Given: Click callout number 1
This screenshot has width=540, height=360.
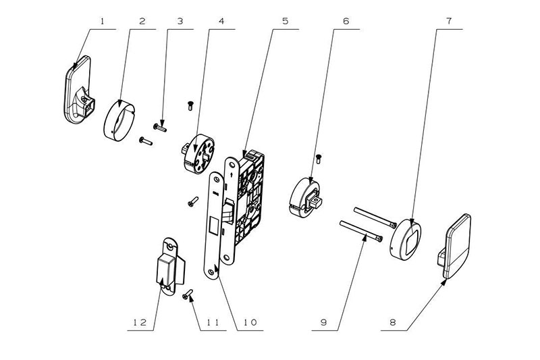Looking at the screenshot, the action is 102,22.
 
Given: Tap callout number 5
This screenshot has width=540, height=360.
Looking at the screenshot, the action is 285,22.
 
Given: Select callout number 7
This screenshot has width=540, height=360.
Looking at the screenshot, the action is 449,22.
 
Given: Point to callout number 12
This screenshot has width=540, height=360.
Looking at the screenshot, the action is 140,323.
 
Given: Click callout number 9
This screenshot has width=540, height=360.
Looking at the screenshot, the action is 323,323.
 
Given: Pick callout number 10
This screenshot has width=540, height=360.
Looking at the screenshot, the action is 250,323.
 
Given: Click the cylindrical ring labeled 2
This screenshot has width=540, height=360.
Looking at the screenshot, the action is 119,122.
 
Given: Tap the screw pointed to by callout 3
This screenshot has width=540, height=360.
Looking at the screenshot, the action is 160,128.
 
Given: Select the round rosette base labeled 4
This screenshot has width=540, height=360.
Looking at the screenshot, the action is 199,153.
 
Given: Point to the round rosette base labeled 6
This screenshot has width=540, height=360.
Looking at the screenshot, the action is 305,197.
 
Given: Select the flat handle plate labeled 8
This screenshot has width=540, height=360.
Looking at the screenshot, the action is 454,246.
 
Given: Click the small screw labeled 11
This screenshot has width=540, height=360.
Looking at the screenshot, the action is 188,294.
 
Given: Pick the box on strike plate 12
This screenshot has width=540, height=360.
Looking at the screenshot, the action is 167,269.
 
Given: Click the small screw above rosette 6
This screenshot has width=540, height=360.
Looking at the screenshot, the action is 319,159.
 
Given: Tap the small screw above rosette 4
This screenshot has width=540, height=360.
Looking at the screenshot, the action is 190,105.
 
